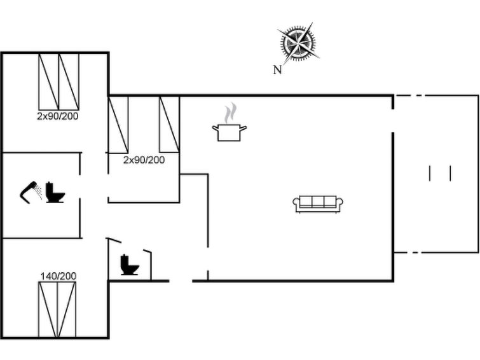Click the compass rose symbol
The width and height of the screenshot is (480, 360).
[x=298, y=43]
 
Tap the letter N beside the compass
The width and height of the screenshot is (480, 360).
[x=277, y=70]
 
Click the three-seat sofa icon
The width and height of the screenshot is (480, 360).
[x=318, y=204]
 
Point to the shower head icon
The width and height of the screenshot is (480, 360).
[x=31, y=192]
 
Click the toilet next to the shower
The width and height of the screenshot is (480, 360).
[x=55, y=193]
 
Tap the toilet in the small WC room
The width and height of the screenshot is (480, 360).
[x=130, y=265]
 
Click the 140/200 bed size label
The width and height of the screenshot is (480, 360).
[x=58, y=276]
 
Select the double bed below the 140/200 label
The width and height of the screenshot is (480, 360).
[x=57, y=310]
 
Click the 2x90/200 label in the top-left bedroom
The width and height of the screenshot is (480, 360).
[x=58, y=116]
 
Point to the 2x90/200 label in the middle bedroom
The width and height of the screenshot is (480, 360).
[x=144, y=160]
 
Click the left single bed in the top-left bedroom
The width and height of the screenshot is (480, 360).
[x=49, y=82]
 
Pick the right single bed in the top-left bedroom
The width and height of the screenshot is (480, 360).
[x=69, y=82]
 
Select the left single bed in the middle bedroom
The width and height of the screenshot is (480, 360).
[x=118, y=125]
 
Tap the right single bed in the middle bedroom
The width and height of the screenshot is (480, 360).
[x=169, y=125]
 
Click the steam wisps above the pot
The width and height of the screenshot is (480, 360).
[x=231, y=113]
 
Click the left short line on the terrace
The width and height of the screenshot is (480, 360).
[x=430, y=174]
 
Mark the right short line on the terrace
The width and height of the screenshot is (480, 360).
[x=450, y=174]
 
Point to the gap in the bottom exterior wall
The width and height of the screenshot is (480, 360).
[x=181, y=280]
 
